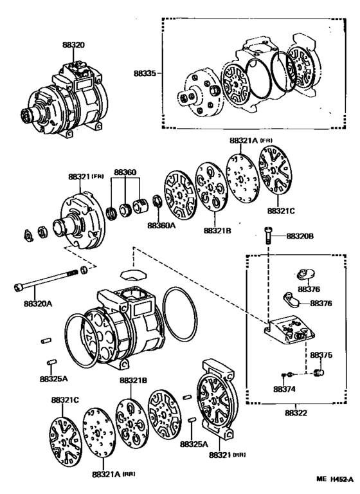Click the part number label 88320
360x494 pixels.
[73, 46]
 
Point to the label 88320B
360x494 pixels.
[300, 237]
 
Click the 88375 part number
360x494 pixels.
[321, 354]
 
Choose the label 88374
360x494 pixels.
[283, 389]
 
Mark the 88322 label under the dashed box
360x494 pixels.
[296, 412]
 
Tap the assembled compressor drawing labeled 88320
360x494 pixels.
[64, 96]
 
